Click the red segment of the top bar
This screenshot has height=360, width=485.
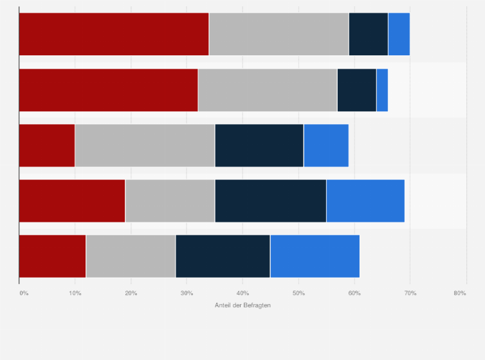[114, 34]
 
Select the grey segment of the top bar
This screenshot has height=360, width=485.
[279, 34]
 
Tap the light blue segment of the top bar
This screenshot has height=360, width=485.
[399, 34]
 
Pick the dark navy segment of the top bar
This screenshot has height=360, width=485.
[368, 34]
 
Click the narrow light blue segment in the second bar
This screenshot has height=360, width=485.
[382, 90]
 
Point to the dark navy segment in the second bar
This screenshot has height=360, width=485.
[356, 90]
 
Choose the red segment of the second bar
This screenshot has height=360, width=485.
[108, 90]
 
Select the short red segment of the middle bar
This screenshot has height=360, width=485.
[47, 145]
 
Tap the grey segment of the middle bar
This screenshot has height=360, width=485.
[145, 145]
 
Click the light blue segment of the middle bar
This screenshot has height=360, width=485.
[326, 145]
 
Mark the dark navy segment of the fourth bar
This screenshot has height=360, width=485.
[271, 201]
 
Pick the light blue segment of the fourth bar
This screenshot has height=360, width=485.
[365, 201]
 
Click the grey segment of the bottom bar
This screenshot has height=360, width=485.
[131, 256]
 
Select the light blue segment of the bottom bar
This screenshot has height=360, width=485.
[315, 256]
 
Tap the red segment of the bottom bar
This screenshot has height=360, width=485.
[52, 256]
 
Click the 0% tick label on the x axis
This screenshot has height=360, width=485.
[24, 293]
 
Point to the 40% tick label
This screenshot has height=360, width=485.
[242, 293]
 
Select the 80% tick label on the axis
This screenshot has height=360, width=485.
[459, 293]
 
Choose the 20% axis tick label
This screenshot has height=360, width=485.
[131, 293]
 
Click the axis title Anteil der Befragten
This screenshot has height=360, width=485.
[243, 305]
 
